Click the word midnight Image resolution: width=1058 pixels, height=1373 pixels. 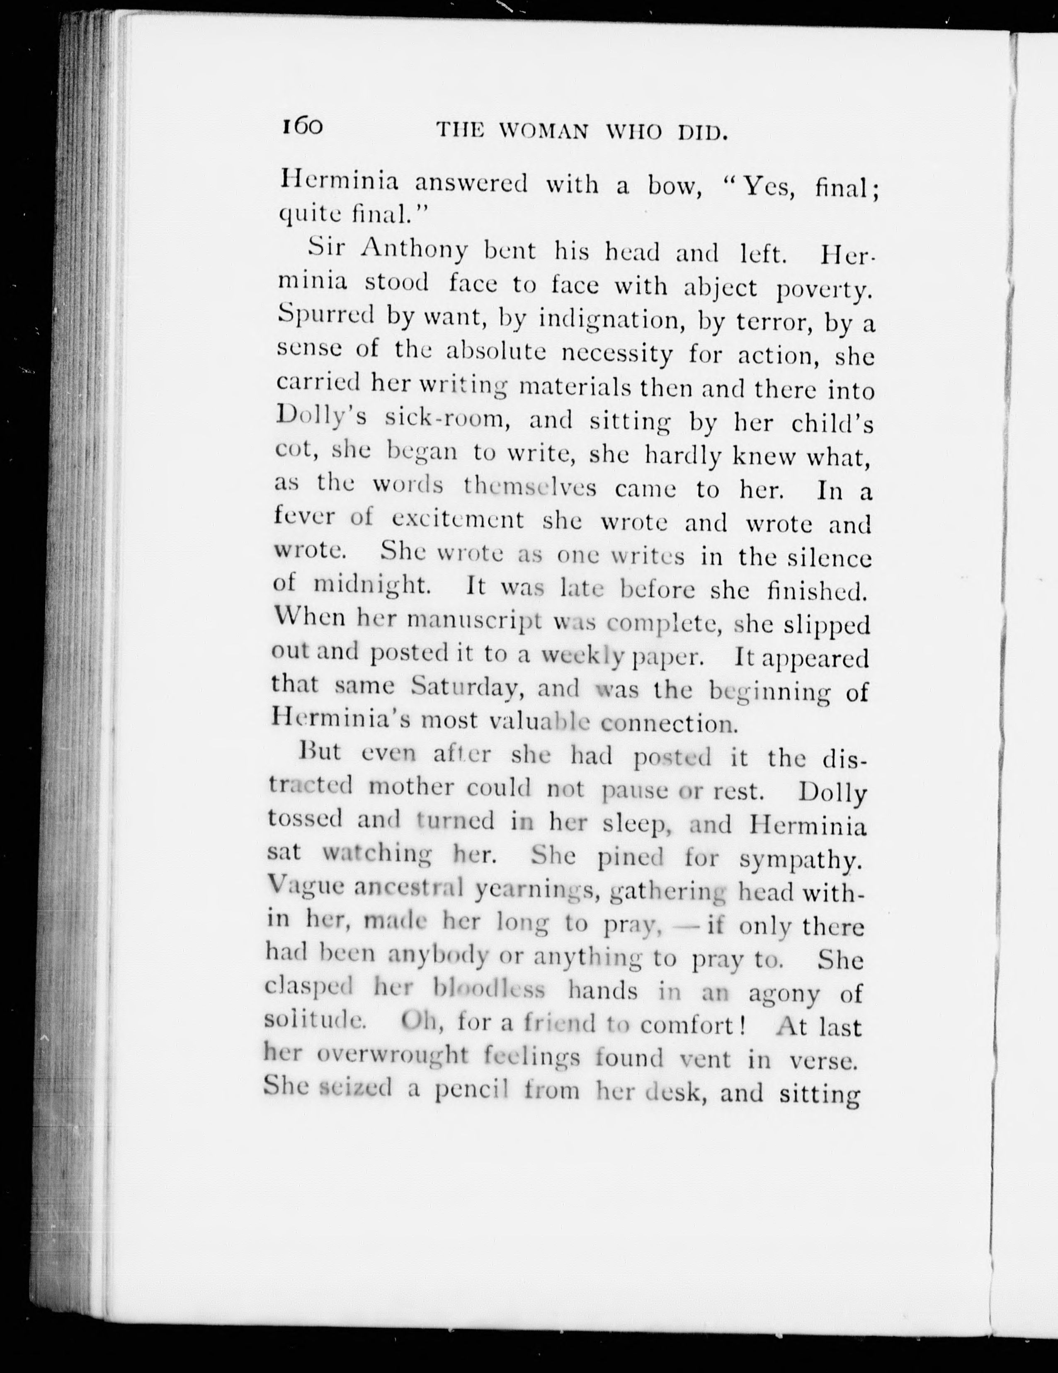[x=371, y=585]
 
